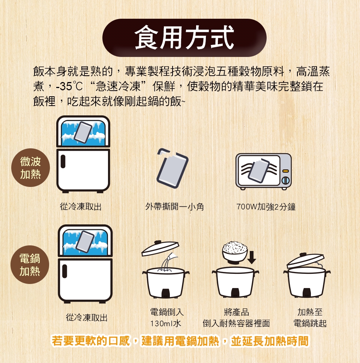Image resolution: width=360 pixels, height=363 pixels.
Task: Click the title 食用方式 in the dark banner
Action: click(184, 37)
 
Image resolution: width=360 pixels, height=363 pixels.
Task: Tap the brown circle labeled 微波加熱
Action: click(31, 167)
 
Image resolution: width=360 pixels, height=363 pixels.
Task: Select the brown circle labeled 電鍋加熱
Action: click(30, 264)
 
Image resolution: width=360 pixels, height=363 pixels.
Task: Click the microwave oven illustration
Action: click(264, 171)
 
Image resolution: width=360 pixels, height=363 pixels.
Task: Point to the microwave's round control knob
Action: click(285, 180)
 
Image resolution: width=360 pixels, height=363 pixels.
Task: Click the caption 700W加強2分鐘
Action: click(266, 207)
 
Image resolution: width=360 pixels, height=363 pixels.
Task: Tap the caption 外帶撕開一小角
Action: click(174, 206)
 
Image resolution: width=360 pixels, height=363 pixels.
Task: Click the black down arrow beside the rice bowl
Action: click(252, 257)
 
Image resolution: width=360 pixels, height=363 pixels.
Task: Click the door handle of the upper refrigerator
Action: click(63, 161)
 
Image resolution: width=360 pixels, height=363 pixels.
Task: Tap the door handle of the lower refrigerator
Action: click(64, 271)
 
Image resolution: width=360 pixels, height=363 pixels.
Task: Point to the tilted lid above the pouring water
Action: click(160, 248)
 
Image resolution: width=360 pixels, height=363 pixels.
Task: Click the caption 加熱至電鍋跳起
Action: click(310, 318)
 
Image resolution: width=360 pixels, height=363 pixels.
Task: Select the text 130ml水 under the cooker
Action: click(165, 323)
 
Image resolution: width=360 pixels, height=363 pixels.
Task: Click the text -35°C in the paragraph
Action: click(69, 87)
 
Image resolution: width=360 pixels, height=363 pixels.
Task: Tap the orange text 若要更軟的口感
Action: click(91, 341)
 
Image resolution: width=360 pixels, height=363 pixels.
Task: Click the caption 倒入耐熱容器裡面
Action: click(236, 323)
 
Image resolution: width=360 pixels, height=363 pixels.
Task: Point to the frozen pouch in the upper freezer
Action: click(83, 132)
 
